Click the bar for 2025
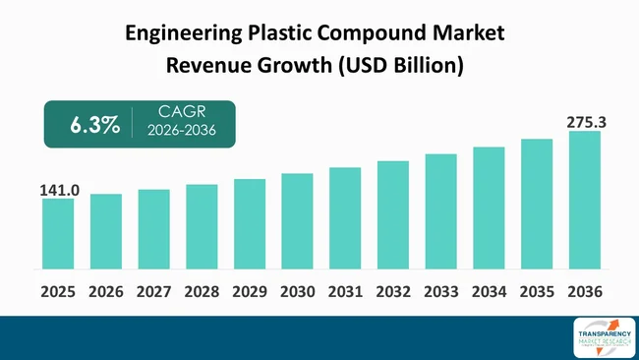(58, 234)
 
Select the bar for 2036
(584, 201)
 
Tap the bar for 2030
(297, 221)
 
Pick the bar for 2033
(440, 211)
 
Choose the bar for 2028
(202, 227)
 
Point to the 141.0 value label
(58, 189)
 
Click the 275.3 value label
(584, 122)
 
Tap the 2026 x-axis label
(106, 292)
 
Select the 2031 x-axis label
(345, 292)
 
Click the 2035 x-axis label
(536, 292)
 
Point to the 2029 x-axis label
(250, 292)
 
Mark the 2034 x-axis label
(489, 292)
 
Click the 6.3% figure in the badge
(94, 125)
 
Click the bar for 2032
(393, 215)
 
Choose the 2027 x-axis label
(153, 292)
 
